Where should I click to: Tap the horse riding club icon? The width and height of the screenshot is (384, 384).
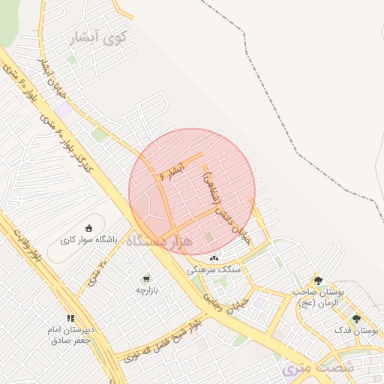(x=89, y=228)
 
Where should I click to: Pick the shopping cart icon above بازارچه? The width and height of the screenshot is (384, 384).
(x=145, y=278)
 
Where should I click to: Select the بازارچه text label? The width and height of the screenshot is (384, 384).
(x=145, y=289)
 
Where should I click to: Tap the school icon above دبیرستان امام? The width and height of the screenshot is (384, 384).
(x=70, y=318)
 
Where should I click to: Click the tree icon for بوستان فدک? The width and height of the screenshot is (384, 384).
(x=356, y=319)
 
